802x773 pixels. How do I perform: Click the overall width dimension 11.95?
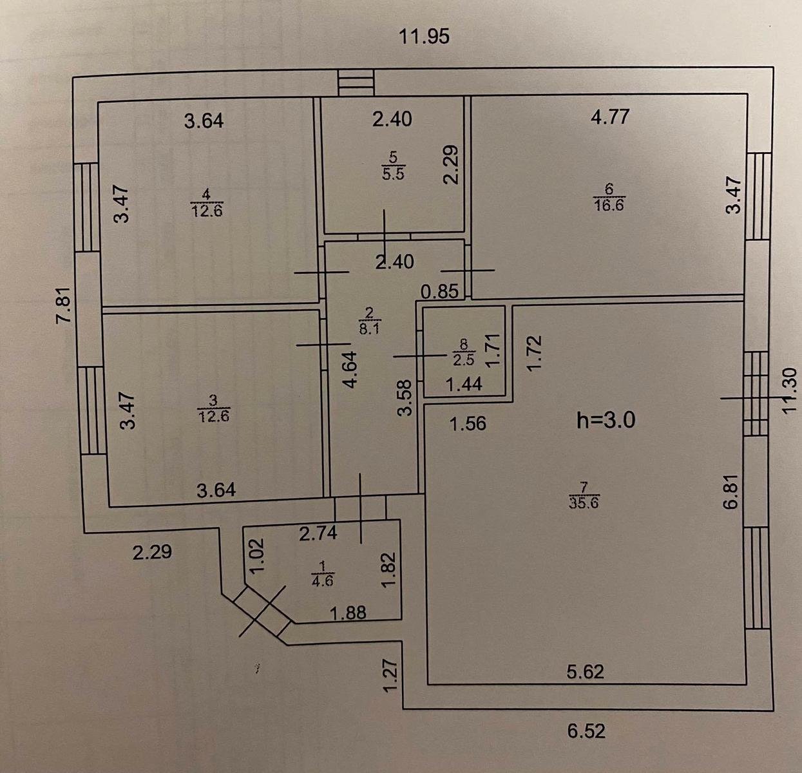(x=424, y=37)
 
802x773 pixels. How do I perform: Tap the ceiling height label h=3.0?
(x=606, y=421)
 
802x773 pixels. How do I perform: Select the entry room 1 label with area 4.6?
(x=321, y=574)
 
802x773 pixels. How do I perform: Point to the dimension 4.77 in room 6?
(x=610, y=117)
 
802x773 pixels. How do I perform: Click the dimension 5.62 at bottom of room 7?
(x=586, y=672)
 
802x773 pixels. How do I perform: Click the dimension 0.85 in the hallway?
(x=440, y=292)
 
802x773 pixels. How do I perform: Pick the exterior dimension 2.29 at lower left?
(x=152, y=552)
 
